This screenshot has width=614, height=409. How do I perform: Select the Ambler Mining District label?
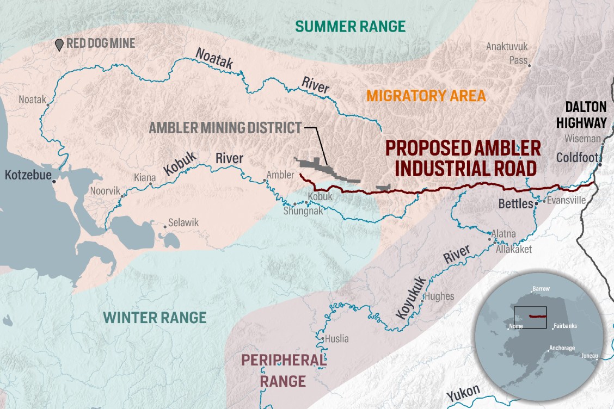coord(225,128)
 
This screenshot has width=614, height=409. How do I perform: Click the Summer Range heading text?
coord(351,26)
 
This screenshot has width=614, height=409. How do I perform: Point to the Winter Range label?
coord(155,317)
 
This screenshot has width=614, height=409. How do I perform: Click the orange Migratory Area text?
coord(426,96)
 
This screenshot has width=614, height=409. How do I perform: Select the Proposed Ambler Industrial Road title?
coord(463,158)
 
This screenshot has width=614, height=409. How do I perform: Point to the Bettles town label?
coord(514,205)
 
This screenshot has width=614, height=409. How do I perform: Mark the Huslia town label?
coord(336,339)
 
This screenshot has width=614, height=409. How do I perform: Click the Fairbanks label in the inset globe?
coord(565,326)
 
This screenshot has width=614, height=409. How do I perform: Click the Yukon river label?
coord(463,392)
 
